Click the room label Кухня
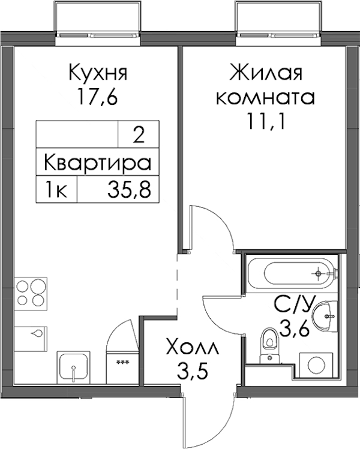(98, 73)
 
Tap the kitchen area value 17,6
(97, 97)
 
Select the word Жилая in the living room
(266, 73)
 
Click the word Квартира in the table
(97, 162)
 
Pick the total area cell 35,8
(129, 189)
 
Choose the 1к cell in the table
(56, 189)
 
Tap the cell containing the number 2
(139, 135)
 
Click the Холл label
(193, 348)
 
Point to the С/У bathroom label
(294, 306)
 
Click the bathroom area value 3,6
(294, 329)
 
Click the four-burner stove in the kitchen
(31, 294)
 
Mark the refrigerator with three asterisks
(122, 367)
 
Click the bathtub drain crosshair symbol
(317, 273)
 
